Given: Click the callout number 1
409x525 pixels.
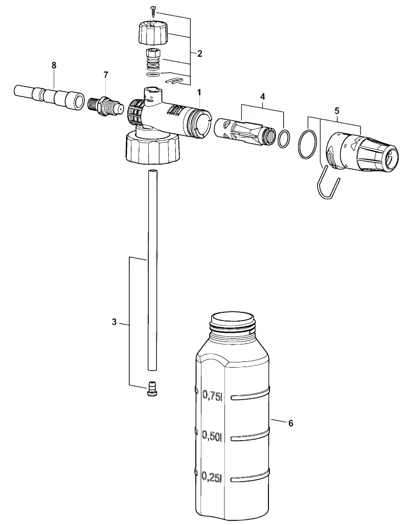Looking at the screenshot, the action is pyautogui.click(x=199, y=92).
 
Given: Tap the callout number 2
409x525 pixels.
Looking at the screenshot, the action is pyautogui.click(x=199, y=54).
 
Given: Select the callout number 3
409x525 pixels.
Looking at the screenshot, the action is pyautogui.click(x=114, y=322).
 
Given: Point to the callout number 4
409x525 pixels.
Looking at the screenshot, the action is pyautogui.click(x=262, y=97).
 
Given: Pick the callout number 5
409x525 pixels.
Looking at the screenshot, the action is pyautogui.click(x=336, y=110).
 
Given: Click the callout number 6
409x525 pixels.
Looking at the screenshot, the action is pyautogui.click(x=290, y=423).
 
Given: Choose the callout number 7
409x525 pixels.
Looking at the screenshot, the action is pyautogui.click(x=106, y=75).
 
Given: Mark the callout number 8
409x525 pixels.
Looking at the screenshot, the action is pyautogui.click(x=54, y=65).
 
